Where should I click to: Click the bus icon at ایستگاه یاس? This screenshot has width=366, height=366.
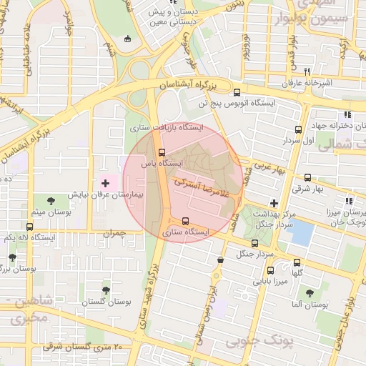click(162, 152)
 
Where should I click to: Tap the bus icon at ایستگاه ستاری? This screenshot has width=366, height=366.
click(186, 221)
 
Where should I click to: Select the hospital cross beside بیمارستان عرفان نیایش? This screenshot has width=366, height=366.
click(105, 184)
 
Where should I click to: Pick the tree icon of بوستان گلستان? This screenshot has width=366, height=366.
click(106, 290)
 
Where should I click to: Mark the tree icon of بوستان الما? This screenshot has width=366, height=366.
click(309, 292)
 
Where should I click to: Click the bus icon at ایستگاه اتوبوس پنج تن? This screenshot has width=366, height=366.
click(237, 91)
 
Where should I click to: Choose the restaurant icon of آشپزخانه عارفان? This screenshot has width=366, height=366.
click(307, 71)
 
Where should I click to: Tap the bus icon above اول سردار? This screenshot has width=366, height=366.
click(298, 129)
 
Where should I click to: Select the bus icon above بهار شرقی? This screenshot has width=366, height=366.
click(307, 177)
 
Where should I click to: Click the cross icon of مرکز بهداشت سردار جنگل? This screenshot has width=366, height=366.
click(274, 203)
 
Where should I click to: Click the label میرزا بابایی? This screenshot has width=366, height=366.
click(270, 282)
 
